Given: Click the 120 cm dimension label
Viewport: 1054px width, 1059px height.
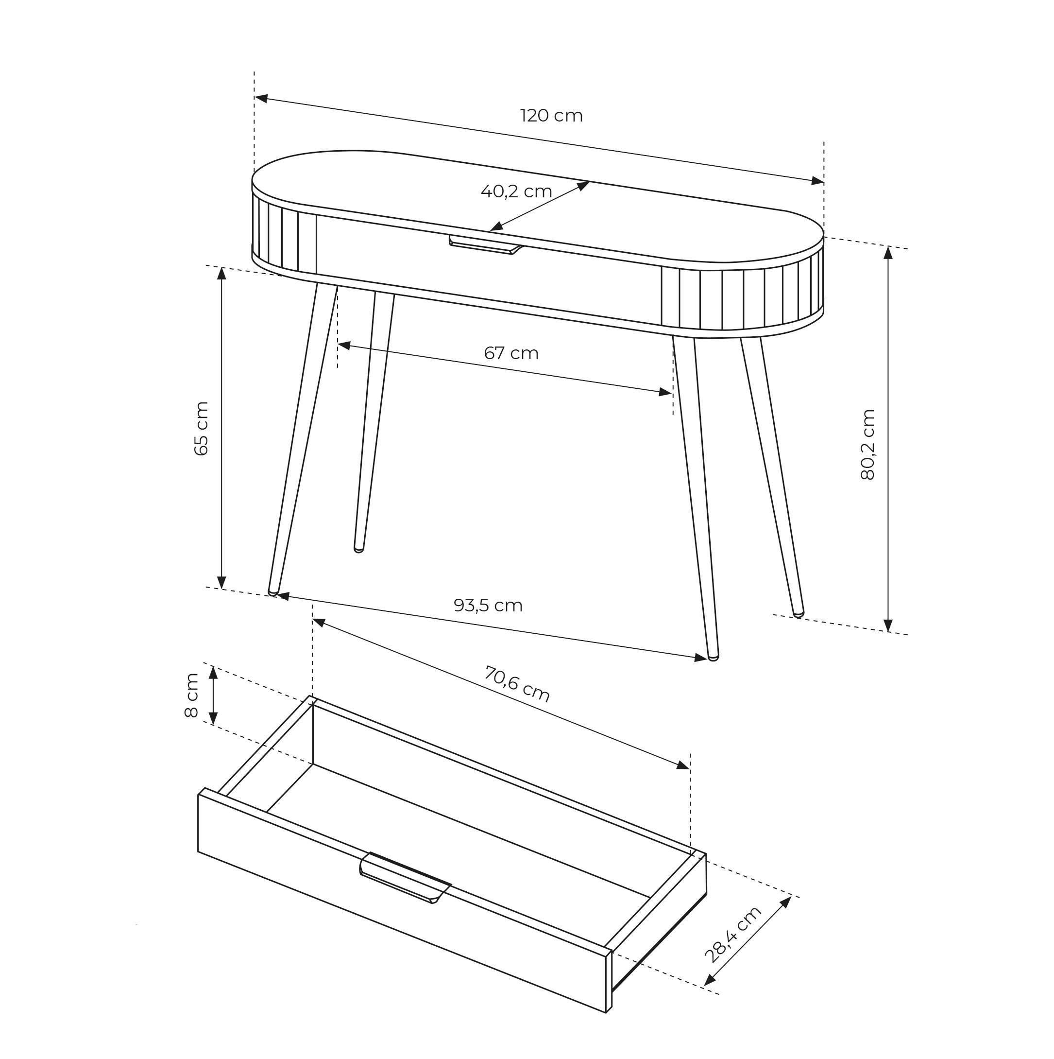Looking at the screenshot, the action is (x=551, y=116).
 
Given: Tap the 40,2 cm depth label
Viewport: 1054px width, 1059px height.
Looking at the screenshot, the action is (x=516, y=191).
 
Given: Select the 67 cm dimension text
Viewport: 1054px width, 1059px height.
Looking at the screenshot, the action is (x=511, y=353).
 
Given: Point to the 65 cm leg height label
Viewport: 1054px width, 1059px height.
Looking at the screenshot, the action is (x=202, y=428).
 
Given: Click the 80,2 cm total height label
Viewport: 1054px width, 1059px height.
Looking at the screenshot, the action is (x=868, y=445).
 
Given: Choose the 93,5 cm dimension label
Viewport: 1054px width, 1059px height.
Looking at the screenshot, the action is (x=488, y=605).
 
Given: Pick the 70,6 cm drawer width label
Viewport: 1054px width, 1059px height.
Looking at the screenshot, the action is (x=517, y=684).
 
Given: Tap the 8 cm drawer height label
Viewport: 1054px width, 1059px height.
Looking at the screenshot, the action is (x=191, y=695).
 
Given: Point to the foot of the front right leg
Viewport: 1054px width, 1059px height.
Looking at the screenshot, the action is (x=713, y=657).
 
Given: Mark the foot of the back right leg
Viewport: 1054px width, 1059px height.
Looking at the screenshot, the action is (x=799, y=614).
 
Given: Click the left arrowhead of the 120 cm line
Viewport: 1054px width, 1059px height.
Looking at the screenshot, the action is (x=261, y=98).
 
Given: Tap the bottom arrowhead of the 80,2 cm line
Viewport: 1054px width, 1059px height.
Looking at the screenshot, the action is (x=888, y=625).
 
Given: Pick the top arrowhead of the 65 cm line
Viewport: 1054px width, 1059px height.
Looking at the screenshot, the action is (x=222, y=273).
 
